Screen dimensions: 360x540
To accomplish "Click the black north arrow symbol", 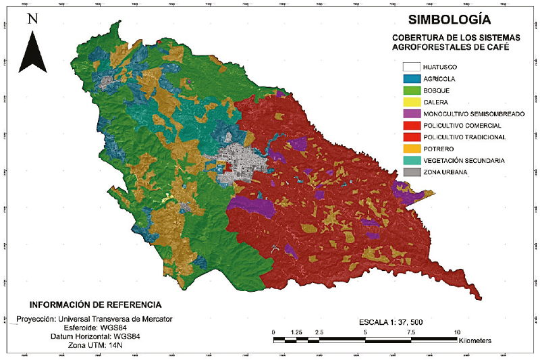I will (x=32, y=50).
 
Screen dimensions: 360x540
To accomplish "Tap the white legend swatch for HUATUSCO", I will (x=411, y=67).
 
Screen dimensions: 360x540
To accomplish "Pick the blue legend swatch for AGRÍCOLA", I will (x=411, y=79).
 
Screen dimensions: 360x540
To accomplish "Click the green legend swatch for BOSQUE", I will (x=411, y=91).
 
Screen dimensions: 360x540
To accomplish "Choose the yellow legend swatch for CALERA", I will (x=411, y=102).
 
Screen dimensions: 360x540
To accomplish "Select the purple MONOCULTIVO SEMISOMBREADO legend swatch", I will (x=411, y=114).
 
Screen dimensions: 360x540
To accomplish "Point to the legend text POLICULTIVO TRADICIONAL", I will (x=464, y=137).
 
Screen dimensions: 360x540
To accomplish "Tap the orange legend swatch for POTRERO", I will (x=411, y=149).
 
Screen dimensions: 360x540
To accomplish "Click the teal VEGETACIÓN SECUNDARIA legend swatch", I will (x=411, y=161).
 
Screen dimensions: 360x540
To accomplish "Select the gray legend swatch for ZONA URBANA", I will (x=411, y=172).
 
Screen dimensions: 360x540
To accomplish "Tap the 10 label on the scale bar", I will (x=457, y=332).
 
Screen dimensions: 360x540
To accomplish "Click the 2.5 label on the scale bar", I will (x=319, y=332).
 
